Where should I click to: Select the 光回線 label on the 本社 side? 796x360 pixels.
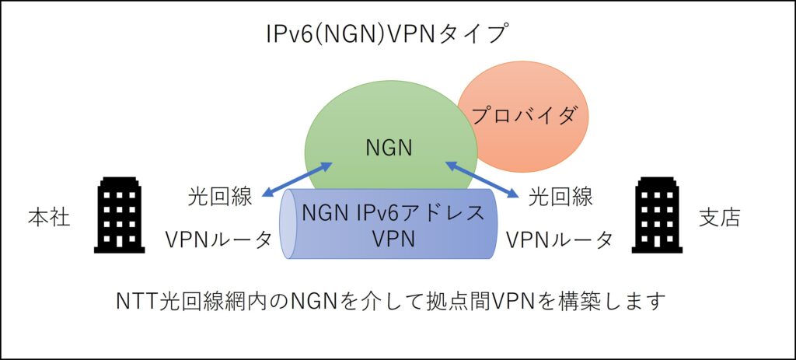point(220,196)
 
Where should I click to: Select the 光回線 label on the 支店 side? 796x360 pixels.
point(560,196)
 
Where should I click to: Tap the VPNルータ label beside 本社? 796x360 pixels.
point(218,239)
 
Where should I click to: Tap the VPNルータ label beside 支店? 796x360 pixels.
point(559,239)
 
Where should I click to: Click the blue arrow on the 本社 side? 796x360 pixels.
point(298,180)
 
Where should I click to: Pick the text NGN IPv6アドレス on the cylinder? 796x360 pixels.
point(391,212)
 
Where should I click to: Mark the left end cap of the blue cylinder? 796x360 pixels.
point(288,223)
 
